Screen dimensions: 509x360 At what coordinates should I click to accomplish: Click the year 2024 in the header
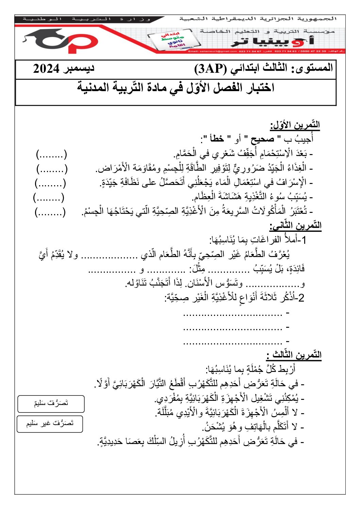coord(46,69)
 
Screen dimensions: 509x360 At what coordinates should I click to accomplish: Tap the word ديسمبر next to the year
coord(78,68)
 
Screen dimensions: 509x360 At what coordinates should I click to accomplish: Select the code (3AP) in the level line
coord(210,69)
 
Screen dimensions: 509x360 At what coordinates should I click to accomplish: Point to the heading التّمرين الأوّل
coord(295,125)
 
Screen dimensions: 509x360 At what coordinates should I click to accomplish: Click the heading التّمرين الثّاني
coord(295,225)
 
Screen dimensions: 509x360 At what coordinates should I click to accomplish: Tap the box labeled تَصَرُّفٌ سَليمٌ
coord(51,404)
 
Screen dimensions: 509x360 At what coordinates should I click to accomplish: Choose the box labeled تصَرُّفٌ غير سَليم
coord(50,424)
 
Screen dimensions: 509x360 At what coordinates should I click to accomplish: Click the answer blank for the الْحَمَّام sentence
coord(52,155)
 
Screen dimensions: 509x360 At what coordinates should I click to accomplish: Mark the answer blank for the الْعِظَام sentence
coord(49,197)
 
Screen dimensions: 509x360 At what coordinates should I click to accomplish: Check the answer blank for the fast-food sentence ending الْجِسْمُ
coord(50,212)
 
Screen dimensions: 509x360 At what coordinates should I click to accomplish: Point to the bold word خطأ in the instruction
coord(216,139)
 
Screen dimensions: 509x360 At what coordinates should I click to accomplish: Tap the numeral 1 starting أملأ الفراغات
coord(304,240)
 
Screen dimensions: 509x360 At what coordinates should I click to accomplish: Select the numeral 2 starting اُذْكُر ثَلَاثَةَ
coord(301,298)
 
